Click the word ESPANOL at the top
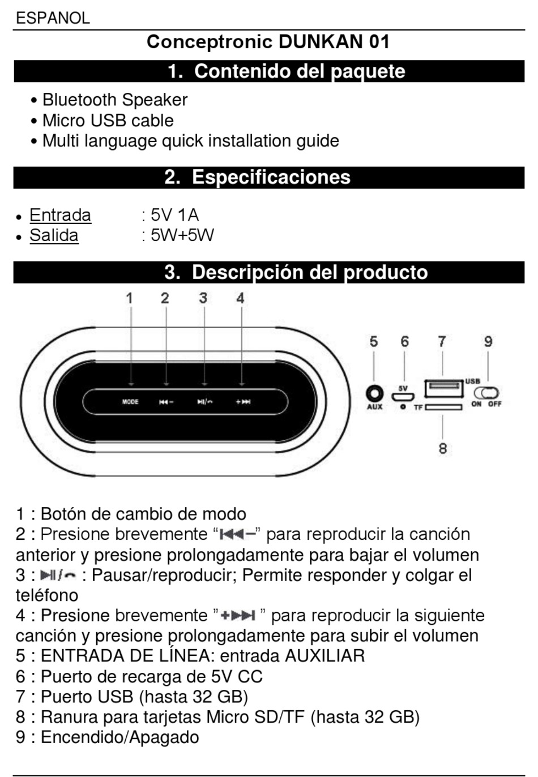(53, 18)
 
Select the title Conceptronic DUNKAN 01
(268, 42)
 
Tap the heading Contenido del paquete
(286, 71)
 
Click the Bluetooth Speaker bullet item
(114, 100)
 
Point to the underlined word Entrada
(60, 215)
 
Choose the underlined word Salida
(54, 235)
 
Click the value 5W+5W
(182, 235)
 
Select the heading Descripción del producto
(296, 272)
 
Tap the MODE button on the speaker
(130, 402)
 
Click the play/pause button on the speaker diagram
(204, 402)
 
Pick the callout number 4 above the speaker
(241, 298)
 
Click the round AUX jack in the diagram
(374, 393)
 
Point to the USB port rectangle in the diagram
(443, 388)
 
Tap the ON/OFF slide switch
(486, 393)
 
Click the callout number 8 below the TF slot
(443, 448)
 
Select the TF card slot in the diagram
(443, 407)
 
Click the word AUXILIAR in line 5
(324, 656)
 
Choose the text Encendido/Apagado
(119, 737)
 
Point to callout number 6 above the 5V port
(404, 342)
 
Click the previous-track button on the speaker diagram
(166, 402)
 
